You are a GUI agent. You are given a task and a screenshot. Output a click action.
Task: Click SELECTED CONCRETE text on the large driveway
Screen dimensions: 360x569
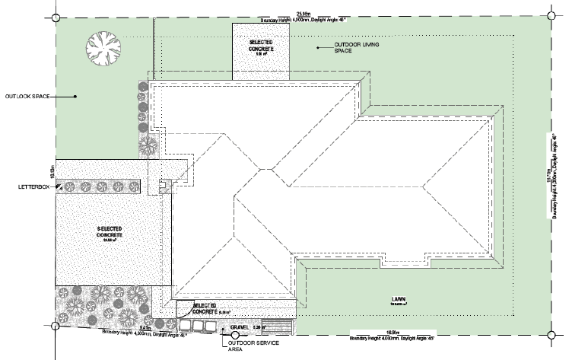pos(110,232)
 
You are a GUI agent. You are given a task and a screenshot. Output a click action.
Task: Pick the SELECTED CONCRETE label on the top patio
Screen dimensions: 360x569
pos(260,46)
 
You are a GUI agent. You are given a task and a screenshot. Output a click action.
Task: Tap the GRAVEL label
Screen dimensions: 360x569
pos(240,328)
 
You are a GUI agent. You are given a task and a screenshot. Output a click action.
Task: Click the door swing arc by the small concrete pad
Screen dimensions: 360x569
pos(183,308)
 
